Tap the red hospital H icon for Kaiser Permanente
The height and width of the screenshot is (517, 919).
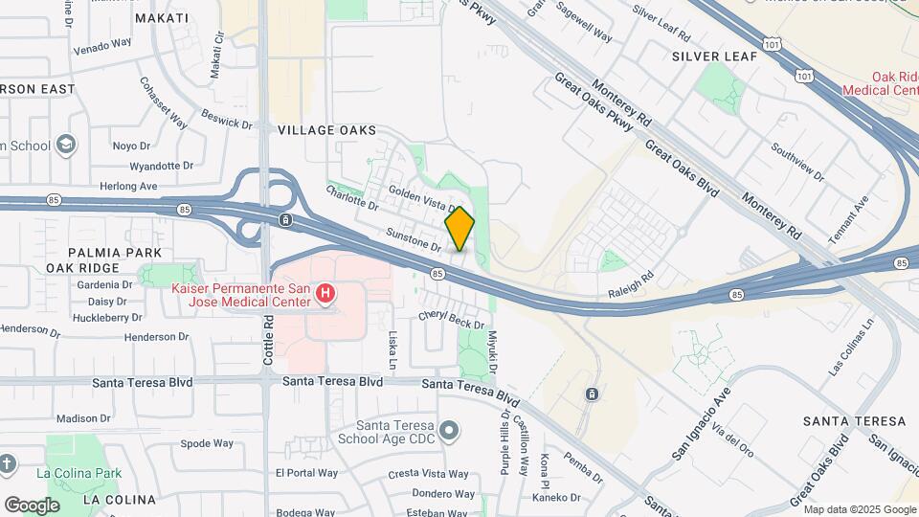click(325, 293)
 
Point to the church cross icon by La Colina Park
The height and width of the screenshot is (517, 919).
click(8, 465)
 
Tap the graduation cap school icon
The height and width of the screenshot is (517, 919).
click(66, 145)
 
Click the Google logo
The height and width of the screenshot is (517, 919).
click(32, 505)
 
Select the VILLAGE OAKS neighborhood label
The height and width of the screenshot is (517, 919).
click(326, 129)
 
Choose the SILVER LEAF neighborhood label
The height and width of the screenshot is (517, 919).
click(714, 56)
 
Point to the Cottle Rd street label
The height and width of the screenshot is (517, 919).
click(268, 345)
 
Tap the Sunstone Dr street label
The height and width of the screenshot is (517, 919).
click(413, 239)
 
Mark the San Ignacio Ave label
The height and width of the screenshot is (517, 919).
click(701, 420)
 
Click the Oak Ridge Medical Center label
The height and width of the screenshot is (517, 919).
click(880, 83)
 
